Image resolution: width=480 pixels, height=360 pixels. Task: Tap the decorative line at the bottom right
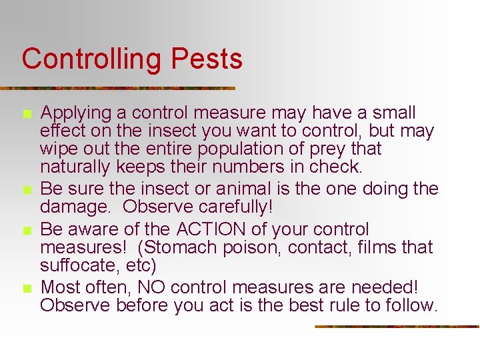click(x=396, y=326)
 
